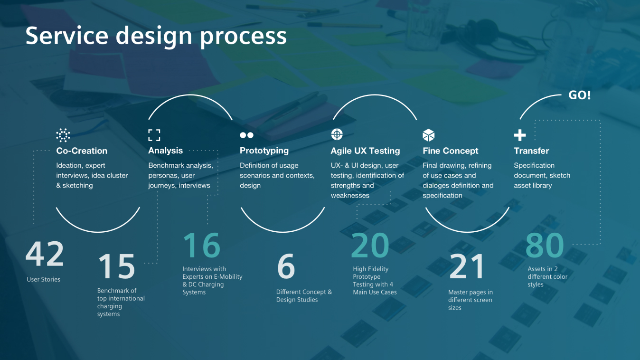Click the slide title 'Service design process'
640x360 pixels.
[156, 36]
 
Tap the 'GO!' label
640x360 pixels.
[579, 95]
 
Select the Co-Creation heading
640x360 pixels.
[82, 151]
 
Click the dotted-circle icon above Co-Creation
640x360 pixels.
[63, 135]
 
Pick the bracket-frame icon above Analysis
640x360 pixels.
[154, 135]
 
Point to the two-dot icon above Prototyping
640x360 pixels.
[246, 135]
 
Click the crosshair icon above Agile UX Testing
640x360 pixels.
[337, 134]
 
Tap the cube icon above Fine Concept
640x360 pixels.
[429, 135]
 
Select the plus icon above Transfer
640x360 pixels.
[520, 135]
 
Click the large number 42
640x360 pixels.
[45, 254]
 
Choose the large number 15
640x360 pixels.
[117, 266]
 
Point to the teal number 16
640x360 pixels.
[202, 245]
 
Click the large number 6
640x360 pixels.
[286, 266]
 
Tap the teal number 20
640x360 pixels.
[370, 245]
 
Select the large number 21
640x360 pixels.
[467, 266]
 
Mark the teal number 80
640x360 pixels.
[545, 245]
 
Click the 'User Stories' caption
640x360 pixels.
[43, 279]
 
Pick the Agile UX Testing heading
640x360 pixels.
[366, 151]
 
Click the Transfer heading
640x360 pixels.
[531, 151]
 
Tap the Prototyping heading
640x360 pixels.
[264, 151]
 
